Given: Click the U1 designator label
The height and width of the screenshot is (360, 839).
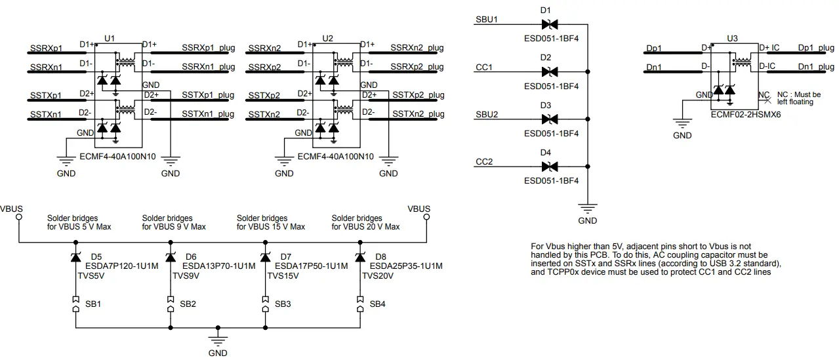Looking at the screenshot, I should point(110,39).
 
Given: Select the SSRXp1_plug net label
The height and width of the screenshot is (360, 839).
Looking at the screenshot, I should point(208,49).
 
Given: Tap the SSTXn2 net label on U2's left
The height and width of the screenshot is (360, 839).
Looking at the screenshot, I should point(264,114).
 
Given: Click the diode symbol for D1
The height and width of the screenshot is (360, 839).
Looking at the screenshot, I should point(549,24).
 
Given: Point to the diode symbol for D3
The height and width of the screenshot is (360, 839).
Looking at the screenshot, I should point(549,119).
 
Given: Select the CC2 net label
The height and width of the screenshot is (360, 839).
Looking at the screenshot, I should point(483,161).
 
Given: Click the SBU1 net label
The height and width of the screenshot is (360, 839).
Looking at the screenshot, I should point(486,19).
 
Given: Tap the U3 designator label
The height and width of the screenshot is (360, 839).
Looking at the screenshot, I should point(733,39).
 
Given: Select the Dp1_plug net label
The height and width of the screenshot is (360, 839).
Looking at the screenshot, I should point(815,49).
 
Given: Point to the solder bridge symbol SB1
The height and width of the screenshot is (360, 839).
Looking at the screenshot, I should point(76,304).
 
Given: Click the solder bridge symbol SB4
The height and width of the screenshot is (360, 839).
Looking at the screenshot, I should point(360,304).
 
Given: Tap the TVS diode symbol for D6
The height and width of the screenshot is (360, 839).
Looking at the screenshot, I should point(171,258).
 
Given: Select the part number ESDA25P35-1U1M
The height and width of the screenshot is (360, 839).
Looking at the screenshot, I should point(406,266).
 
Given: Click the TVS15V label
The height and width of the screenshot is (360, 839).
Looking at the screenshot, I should point(283,276).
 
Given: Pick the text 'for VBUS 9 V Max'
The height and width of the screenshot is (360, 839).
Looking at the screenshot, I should point(174,227).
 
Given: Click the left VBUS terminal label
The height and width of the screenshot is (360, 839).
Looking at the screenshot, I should point(12,209).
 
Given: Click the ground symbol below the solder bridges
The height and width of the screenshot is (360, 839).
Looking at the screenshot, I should point(218,340).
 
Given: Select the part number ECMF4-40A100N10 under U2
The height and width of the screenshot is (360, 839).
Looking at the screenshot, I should point(335,157).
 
